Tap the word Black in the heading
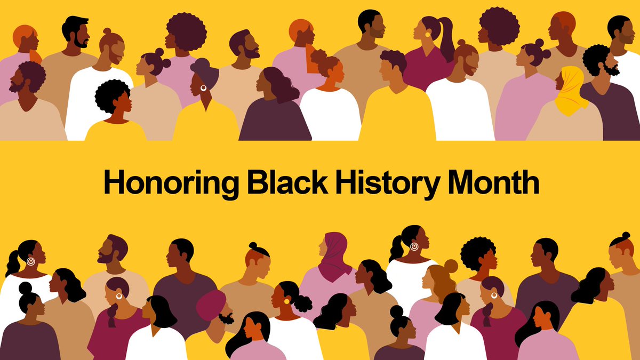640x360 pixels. [x=286, y=182]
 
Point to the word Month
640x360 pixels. [x=493, y=182]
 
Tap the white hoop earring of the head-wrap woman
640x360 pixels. [x=203, y=88]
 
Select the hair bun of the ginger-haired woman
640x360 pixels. [x=451, y=266]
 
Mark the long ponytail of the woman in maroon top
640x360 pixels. [x=447, y=40]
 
